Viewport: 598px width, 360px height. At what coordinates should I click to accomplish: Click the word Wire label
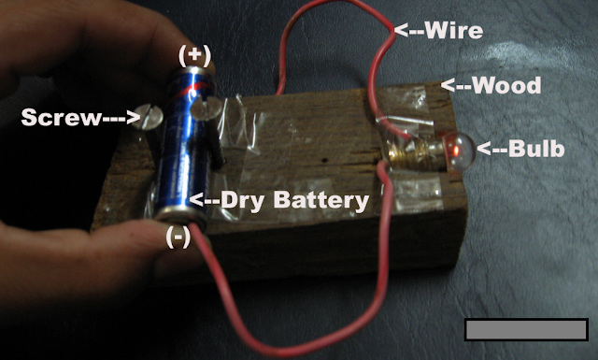(455, 30)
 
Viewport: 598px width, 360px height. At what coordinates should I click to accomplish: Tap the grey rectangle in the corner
(525, 329)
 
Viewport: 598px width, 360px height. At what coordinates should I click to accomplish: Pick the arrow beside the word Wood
(456, 86)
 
